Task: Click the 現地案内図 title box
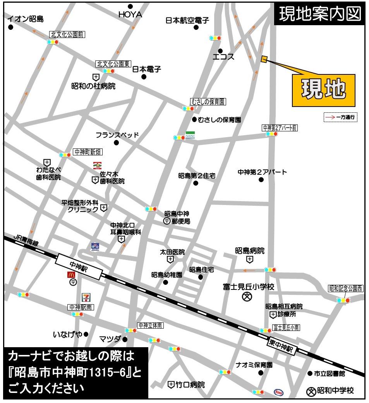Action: tap(319, 15)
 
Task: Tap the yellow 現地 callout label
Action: tap(323, 90)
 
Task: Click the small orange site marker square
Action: tap(264, 59)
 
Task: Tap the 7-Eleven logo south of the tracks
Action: tap(86, 298)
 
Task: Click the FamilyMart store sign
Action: tap(190, 135)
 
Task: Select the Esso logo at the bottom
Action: tap(278, 392)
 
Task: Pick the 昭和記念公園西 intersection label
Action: tap(346, 288)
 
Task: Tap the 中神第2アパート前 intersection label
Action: tap(280, 127)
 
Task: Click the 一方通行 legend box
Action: tap(340, 117)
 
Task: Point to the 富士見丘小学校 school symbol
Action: tap(247, 297)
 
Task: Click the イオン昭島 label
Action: tap(26, 19)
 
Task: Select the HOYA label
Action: tap(130, 15)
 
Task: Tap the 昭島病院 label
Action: tap(250, 251)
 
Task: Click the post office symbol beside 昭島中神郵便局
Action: tap(166, 221)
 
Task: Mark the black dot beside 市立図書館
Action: tap(309, 374)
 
